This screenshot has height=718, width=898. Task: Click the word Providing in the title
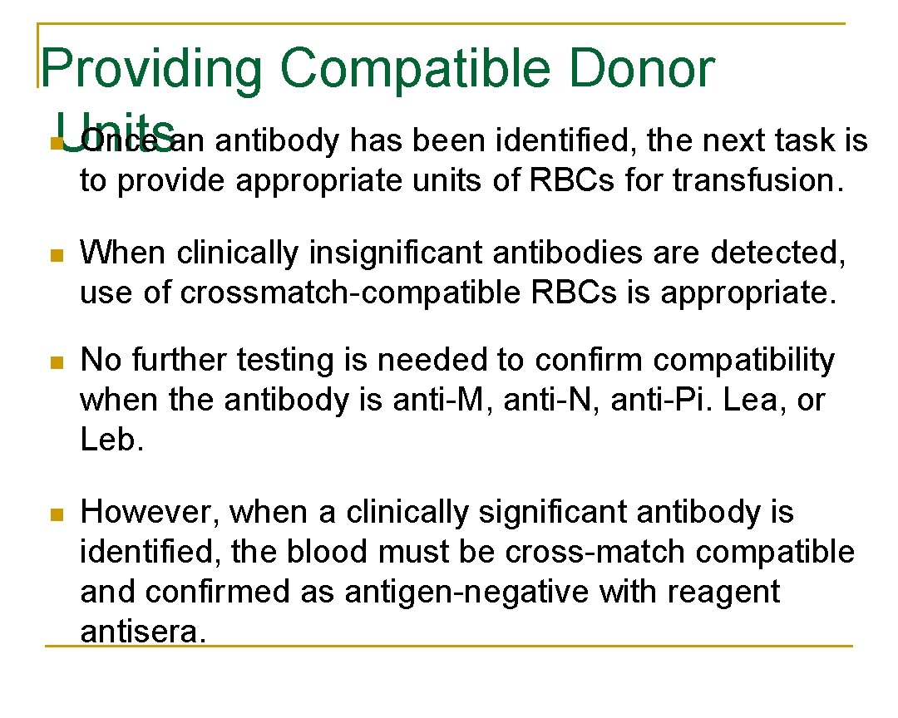pos(150,70)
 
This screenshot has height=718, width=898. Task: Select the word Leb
pos(111,440)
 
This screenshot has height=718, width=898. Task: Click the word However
pos(149,513)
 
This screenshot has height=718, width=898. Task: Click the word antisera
pos(141,632)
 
